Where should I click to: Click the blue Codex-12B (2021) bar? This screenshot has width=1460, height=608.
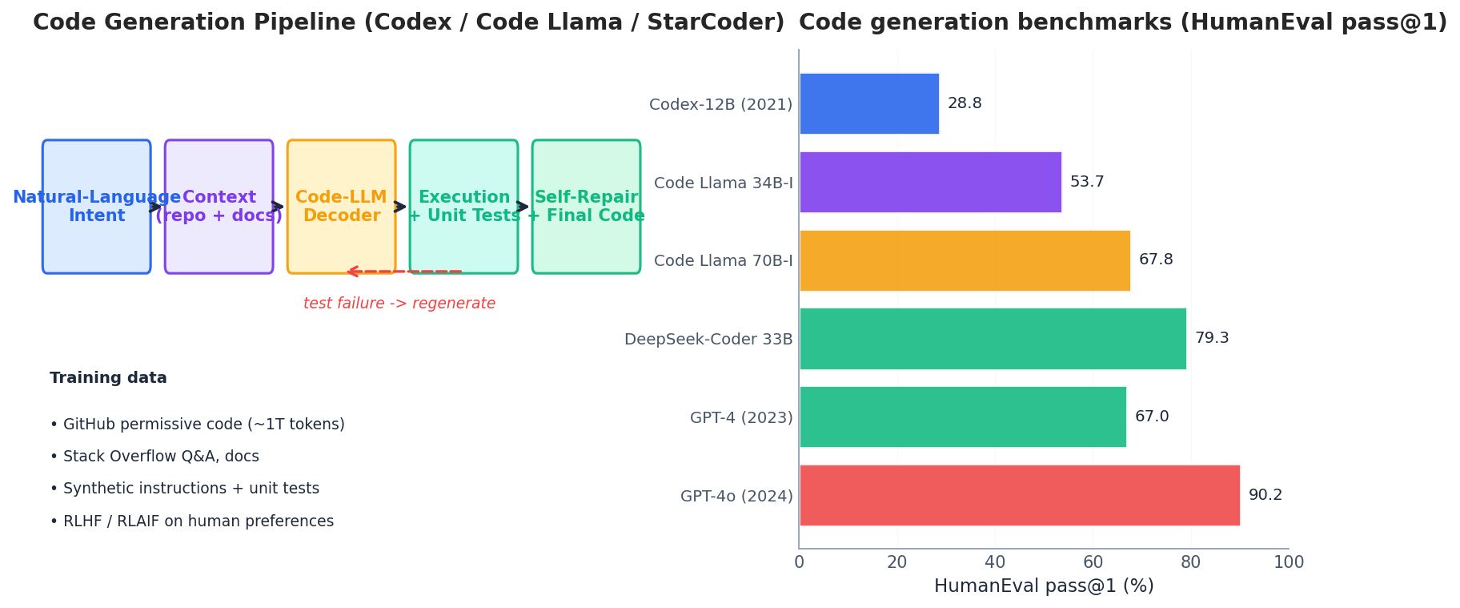(x=868, y=103)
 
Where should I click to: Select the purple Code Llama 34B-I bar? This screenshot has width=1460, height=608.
(x=930, y=182)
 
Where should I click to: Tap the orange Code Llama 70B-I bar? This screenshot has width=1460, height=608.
(x=965, y=260)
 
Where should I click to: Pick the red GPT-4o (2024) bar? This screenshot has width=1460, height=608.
(x=1019, y=495)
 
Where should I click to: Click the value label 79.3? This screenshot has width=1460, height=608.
(x=1211, y=338)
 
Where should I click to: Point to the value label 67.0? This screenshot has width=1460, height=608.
(x=1151, y=417)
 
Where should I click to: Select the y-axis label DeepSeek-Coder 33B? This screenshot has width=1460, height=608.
(x=708, y=339)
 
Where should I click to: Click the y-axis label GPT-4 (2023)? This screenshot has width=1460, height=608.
(x=740, y=417)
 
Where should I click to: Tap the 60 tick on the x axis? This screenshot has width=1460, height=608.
(x=1093, y=562)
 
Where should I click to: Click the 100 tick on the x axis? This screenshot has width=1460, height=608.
(x=1288, y=562)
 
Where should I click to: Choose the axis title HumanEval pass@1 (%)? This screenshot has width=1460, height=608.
(x=1043, y=586)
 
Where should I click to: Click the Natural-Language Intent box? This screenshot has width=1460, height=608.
(x=96, y=207)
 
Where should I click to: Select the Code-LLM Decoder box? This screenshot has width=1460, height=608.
(x=341, y=207)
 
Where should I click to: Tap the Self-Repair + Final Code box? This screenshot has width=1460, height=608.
(x=586, y=207)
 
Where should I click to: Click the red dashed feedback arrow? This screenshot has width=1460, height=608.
(x=404, y=272)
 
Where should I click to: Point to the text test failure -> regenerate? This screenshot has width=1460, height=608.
(x=399, y=304)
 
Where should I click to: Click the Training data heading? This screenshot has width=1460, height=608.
(x=108, y=378)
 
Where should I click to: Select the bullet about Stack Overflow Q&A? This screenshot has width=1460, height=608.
(x=154, y=457)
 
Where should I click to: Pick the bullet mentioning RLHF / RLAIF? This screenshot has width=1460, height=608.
(x=191, y=521)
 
